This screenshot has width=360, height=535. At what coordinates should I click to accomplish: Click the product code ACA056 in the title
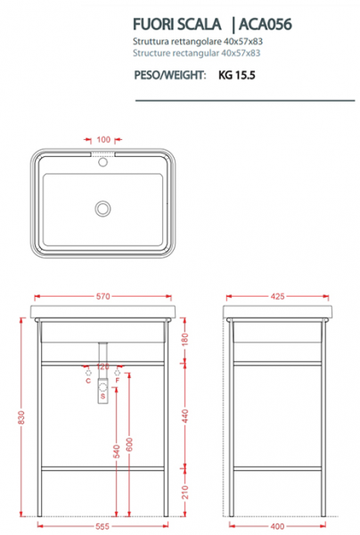[x=266, y=24]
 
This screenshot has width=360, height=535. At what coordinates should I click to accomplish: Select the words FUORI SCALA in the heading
[x=177, y=24]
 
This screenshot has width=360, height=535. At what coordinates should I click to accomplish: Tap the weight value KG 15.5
[x=237, y=75]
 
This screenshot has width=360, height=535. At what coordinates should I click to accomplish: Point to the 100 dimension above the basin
[x=103, y=140]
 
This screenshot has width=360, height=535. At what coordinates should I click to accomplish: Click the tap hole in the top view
[x=103, y=161]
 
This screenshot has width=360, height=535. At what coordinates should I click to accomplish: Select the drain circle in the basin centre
[x=102, y=209]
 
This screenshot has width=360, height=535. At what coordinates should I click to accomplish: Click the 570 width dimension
[x=103, y=296]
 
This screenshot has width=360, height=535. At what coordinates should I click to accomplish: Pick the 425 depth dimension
[x=277, y=296]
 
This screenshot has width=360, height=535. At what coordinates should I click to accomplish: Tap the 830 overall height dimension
[x=21, y=417]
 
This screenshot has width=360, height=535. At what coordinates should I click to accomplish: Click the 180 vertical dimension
[x=184, y=340]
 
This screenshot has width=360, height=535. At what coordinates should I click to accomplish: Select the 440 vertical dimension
[x=184, y=416]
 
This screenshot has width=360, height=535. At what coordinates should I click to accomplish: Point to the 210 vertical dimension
[x=184, y=492]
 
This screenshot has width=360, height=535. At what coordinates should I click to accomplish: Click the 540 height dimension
[x=117, y=451]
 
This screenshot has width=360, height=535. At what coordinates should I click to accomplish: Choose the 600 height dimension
[x=129, y=444]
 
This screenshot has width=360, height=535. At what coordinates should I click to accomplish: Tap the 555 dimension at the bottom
[x=102, y=526]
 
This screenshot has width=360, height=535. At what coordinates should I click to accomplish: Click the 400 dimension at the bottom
[x=277, y=526]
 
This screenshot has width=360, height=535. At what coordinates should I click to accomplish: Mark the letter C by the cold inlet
[x=88, y=381]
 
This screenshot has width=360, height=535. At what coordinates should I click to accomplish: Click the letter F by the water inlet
[x=118, y=381]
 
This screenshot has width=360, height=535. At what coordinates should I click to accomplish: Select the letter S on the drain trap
[x=103, y=396]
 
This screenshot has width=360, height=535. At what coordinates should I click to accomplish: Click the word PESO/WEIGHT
[x=170, y=75]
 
